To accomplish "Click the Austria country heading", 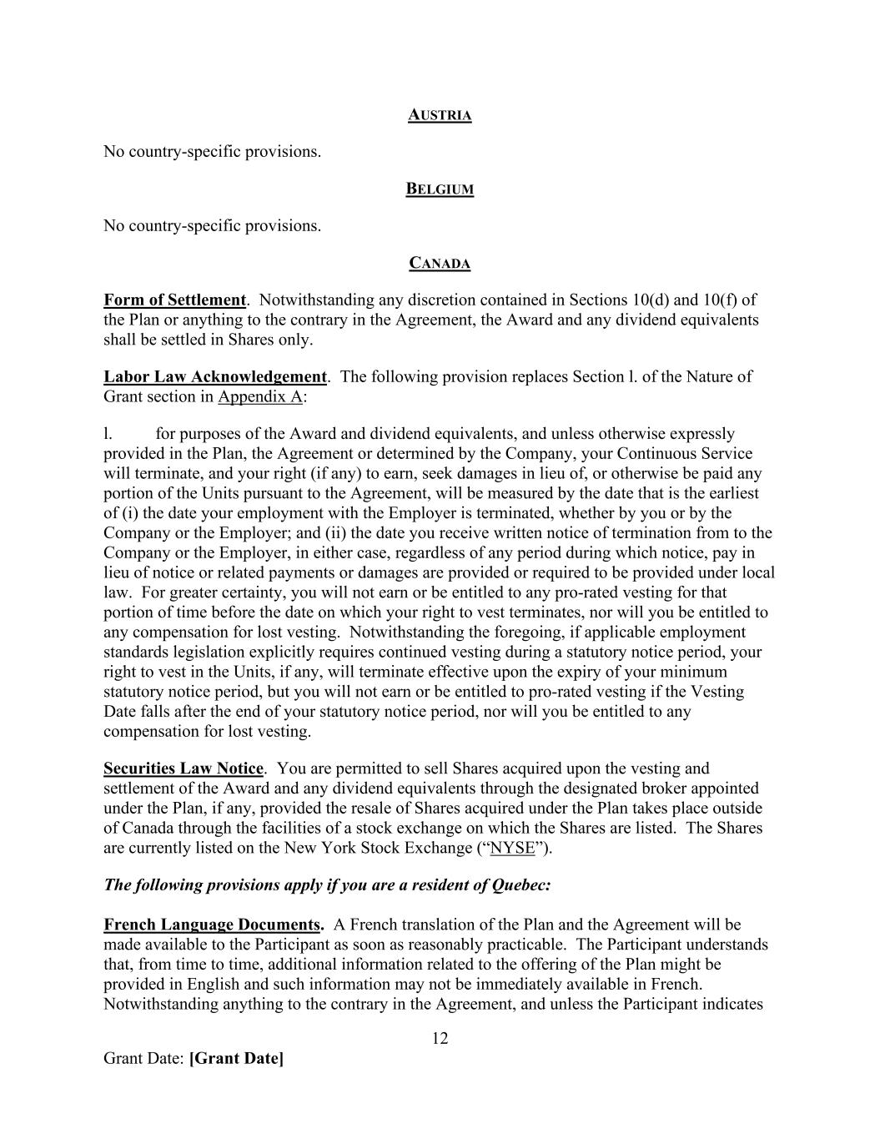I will coord(440,115).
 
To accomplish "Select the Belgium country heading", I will coord(440,189).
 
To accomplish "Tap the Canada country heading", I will coord(440,264).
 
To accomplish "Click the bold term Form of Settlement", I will coord(174,300).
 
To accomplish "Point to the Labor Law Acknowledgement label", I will coord(214,376).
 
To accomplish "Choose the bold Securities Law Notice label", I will coord(184,769).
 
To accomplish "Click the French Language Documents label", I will coord(213,925).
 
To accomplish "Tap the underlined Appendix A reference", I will coord(259,396).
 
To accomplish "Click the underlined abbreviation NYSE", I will coord(513,849).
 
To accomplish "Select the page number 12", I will coord(440,1038).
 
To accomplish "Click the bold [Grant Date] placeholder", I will coord(237,1059).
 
